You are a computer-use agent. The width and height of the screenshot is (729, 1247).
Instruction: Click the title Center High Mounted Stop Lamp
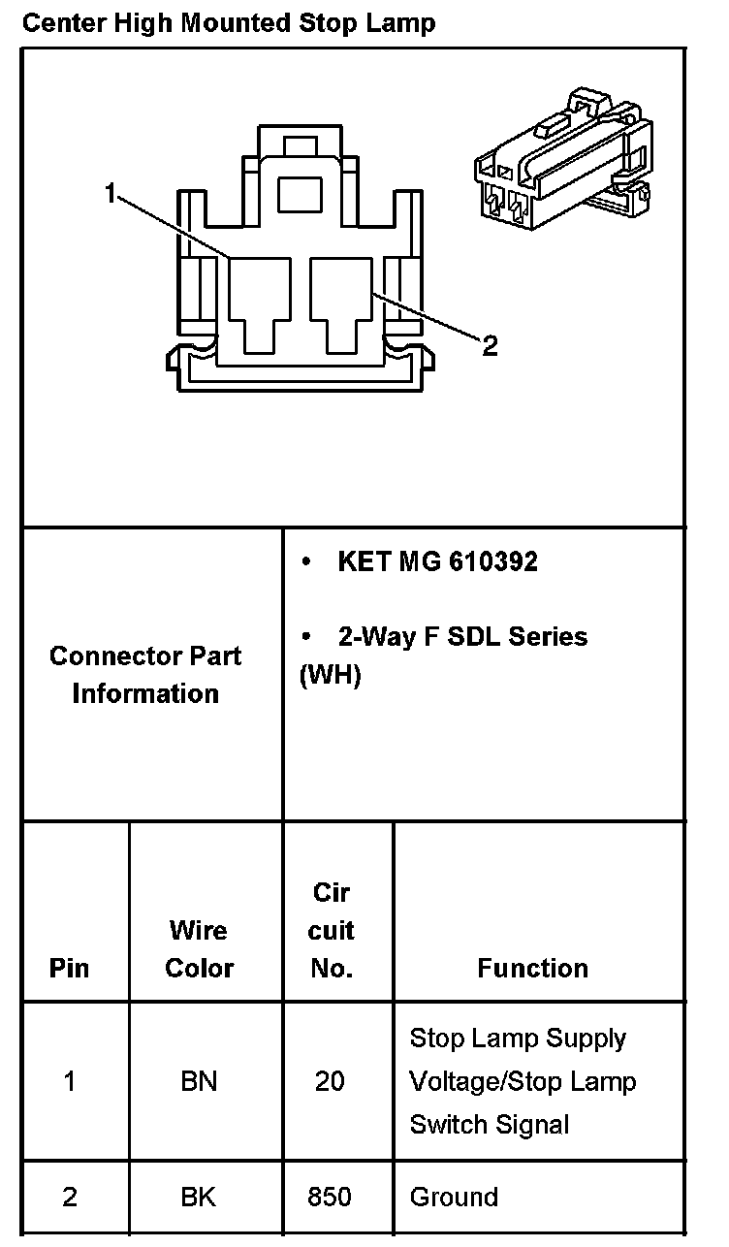(229, 22)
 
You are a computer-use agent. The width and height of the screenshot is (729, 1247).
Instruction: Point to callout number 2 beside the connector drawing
(490, 346)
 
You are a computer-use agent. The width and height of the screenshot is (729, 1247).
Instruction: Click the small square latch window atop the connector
(300, 194)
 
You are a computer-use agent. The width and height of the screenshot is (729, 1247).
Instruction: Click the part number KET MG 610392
(437, 561)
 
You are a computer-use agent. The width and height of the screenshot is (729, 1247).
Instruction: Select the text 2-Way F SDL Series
(462, 636)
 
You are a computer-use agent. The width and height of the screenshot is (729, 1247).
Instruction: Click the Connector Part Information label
(145, 674)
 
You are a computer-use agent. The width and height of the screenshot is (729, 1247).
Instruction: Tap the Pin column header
(69, 968)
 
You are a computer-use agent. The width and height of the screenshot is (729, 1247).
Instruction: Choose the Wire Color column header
(199, 948)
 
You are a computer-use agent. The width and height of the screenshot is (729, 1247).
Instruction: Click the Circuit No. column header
(332, 930)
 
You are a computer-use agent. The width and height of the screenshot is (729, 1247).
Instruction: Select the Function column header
(532, 968)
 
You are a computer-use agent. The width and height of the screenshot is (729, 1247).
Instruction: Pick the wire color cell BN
(199, 1080)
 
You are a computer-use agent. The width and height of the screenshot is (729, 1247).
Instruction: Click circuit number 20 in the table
(330, 1080)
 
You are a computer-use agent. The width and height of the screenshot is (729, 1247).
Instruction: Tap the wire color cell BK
(199, 1197)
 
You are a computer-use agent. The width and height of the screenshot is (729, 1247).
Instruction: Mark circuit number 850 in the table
(330, 1197)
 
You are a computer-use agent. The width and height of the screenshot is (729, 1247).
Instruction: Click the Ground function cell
(454, 1197)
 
